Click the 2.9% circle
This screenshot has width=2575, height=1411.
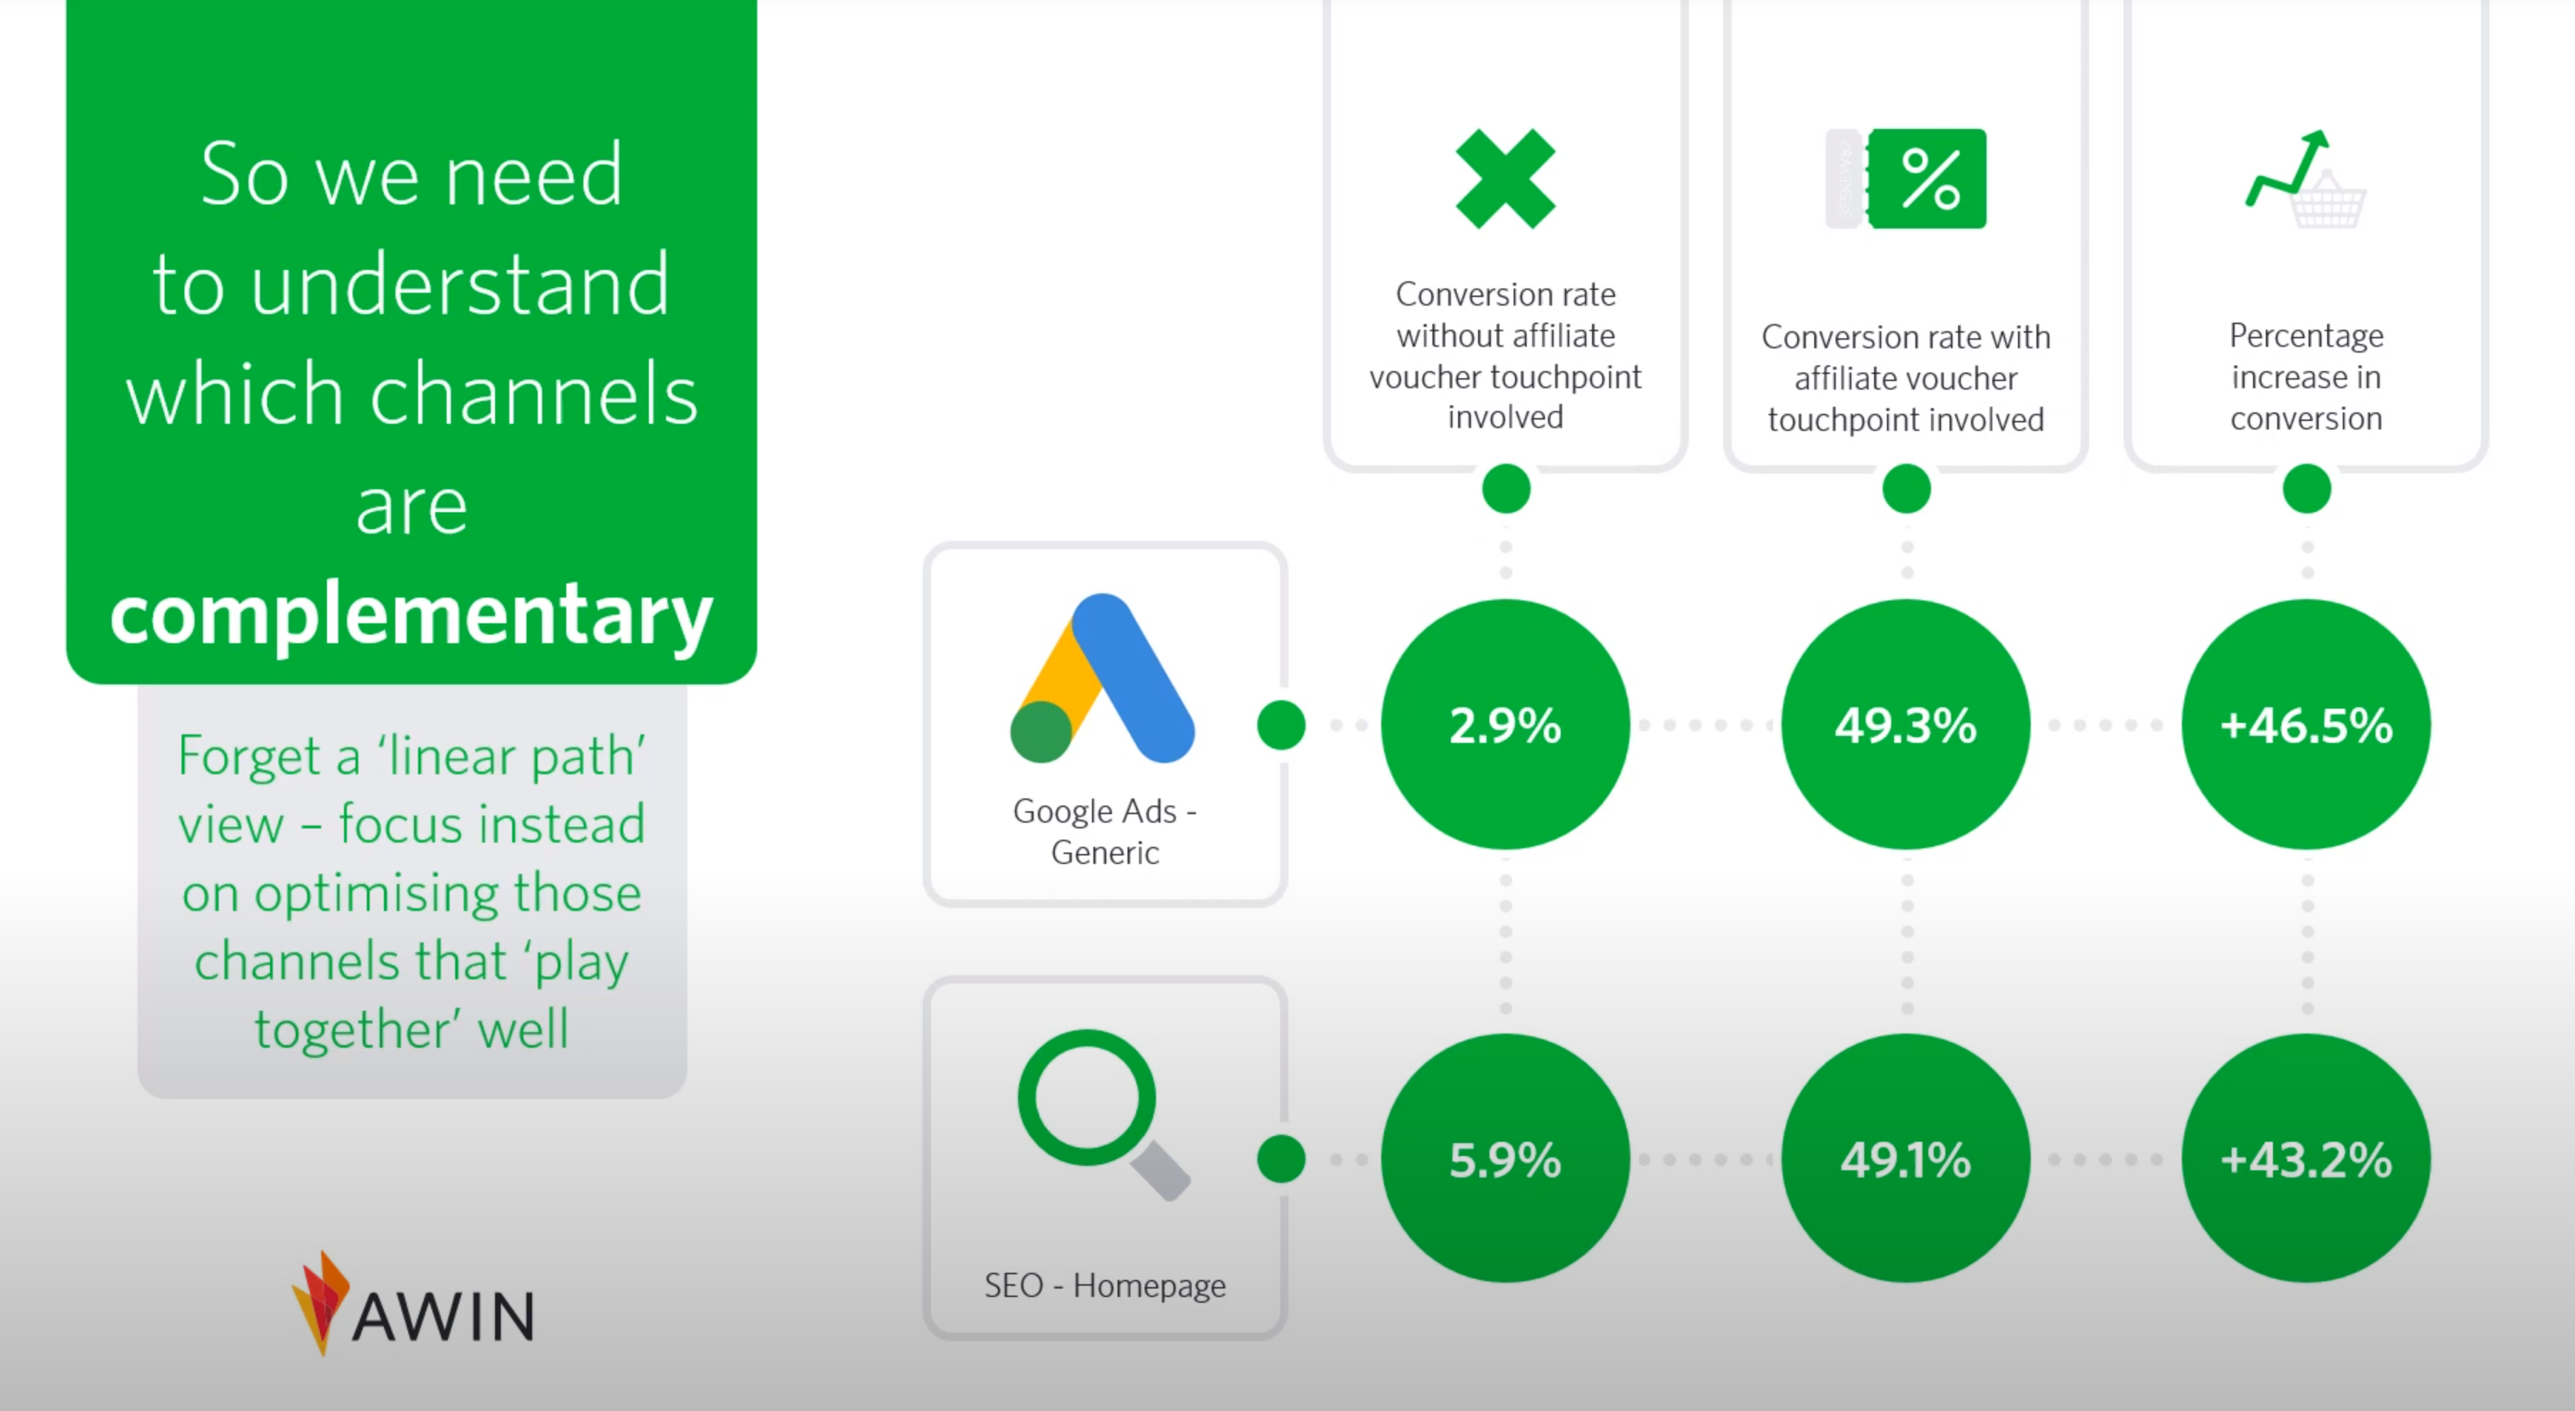[x=1505, y=724]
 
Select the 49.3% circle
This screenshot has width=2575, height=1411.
[x=1906, y=724]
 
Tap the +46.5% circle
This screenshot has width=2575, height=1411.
[x=2306, y=724]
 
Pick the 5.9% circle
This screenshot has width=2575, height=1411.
[x=1505, y=1158]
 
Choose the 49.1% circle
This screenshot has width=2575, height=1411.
[x=1906, y=1158]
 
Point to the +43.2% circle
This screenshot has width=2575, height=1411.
[x=2306, y=1158]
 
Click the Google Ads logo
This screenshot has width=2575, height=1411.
[x=1103, y=679]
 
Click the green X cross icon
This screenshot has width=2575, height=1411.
[x=1505, y=179]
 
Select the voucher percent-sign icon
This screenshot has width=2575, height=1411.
[x=1906, y=179]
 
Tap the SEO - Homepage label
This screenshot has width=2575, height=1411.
[x=1105, y=1285]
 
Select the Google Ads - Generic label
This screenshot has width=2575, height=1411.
[x=1105, y=831]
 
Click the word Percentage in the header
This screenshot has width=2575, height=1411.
[x=2306, y=335]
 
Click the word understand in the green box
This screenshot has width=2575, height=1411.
[x=460, y=285]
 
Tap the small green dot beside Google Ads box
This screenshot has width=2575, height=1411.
[x=1281, y=724]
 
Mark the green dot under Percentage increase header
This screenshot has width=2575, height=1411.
[x=2307, y=489]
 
